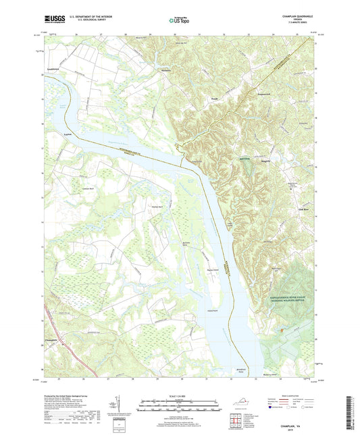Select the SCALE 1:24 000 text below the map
180,395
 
